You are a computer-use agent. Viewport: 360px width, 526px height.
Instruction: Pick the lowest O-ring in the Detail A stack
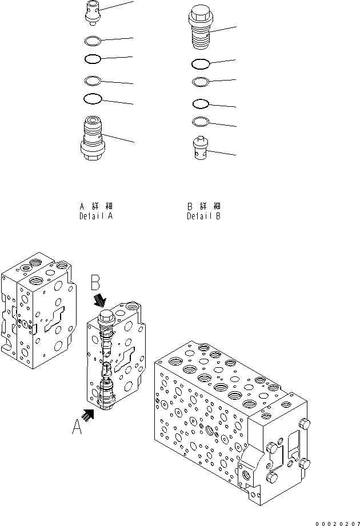(x=92, y=99)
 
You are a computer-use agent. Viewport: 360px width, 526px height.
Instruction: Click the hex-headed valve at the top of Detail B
(x=200, y=26)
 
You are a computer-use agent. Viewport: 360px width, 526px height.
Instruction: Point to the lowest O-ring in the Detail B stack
(x=201, y=121)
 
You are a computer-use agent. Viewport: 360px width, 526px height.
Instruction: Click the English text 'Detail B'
(x=203, y=217)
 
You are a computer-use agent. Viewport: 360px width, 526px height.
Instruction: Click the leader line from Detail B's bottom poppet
(x=223, y=152)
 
